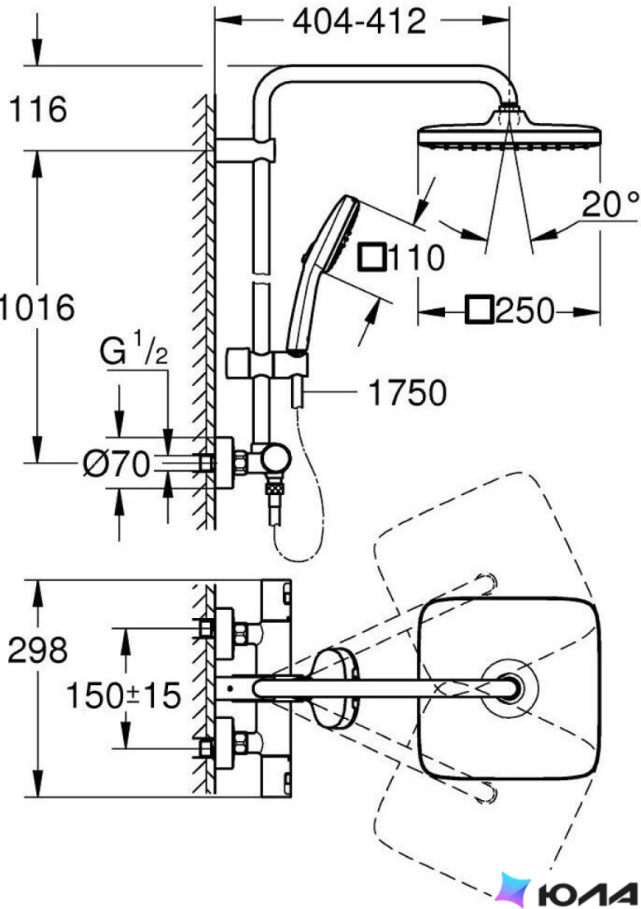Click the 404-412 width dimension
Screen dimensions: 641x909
359,21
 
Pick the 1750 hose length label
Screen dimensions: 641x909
408,393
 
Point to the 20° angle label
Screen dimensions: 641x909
610,204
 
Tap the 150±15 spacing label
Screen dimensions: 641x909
123,695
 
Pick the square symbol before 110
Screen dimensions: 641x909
372,257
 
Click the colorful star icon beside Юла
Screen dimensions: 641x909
514,890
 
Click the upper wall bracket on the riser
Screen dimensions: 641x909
246,150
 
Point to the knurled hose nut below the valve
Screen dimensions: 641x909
274,488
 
